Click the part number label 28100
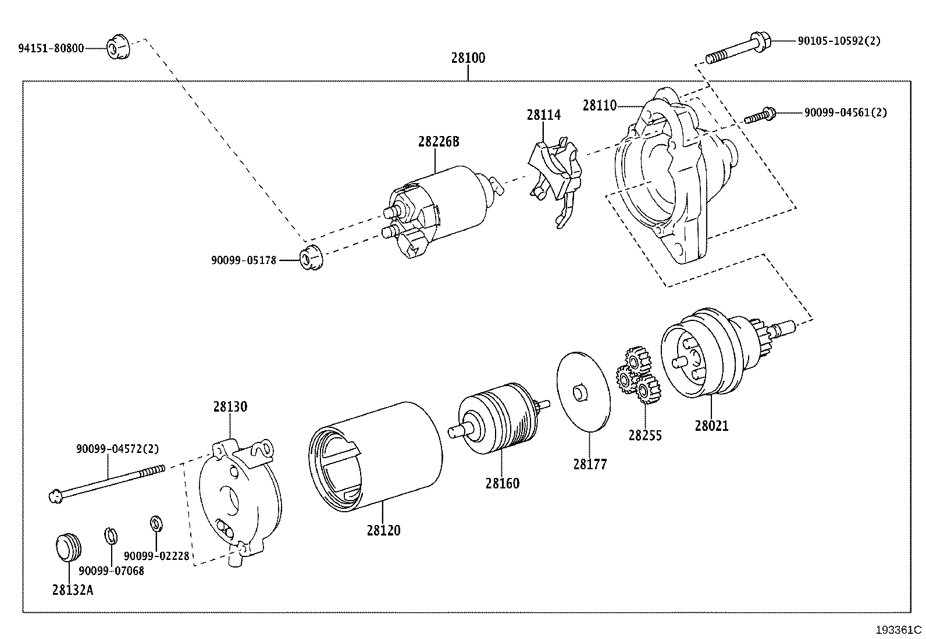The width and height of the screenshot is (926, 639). [468, 58]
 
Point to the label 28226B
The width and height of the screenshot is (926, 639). [438, 142]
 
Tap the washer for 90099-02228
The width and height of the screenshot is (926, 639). [156, 523]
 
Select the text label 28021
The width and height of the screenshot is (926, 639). [711, 426]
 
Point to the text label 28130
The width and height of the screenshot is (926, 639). [230, 407]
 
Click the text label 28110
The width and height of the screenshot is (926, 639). [599, 105]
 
